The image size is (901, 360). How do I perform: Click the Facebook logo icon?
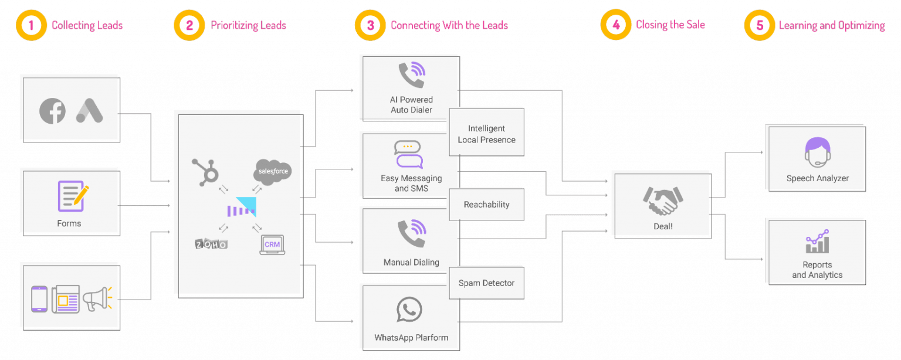pos(52,111)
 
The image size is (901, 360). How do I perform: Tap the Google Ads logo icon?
pos(89,110)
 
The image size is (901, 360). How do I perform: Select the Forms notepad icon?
pos(73,196)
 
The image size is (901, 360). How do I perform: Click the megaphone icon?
pos(97,299)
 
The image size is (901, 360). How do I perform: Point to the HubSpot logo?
pos(206,171)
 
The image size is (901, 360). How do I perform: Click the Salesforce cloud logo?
pos(272,172)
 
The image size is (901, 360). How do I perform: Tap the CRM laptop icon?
pos(272,244)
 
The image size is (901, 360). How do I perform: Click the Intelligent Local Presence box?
pos(486,134)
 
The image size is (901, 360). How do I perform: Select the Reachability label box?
pos(486,205)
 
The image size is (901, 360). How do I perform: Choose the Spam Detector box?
pos(486,283)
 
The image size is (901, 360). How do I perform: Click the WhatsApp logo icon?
pos(409,310)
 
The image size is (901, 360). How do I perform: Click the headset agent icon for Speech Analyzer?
pos(818,151)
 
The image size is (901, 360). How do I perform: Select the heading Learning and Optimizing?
pos(831,26)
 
